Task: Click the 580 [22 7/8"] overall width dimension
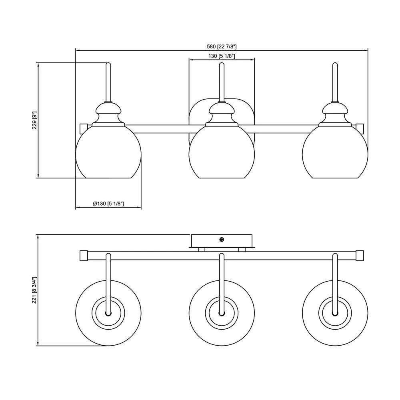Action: [x=222, y=47]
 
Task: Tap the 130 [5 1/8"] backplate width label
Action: [x=222, y=56]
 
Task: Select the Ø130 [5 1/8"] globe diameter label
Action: [x=108, y=204]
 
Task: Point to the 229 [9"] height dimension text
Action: [x=35, y=120]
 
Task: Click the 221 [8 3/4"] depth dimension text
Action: [x=35, y=290]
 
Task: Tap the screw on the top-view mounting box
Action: [x=222, y=239]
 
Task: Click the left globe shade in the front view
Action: [x=108, y=152]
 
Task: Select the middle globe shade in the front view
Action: [x=222, y=152]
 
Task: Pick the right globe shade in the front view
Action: [x=335, y=152]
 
